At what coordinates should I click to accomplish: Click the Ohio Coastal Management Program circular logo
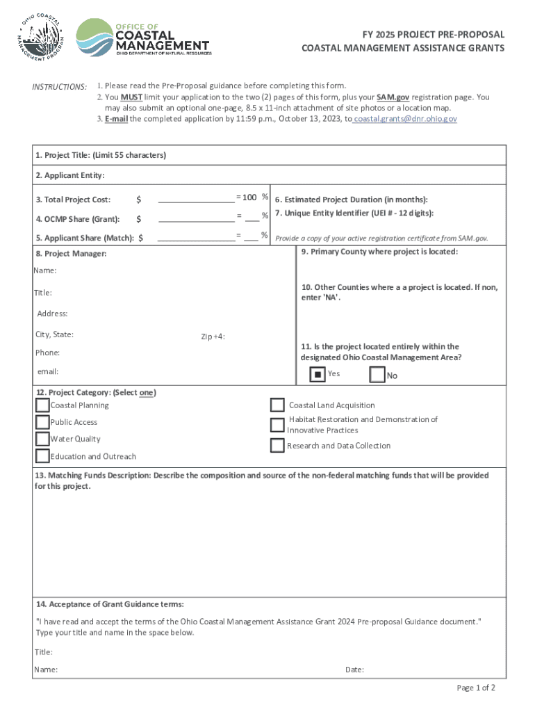click(x=42, y=37)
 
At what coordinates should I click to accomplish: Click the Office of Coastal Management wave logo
click(x=94, y=38)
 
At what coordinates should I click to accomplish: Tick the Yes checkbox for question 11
click(x=318, y=375)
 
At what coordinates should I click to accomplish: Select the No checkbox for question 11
click(x=377, y=375)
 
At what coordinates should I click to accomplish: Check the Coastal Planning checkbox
click(x=42, y=405)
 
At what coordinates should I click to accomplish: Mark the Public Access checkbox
click(x=42, y=422)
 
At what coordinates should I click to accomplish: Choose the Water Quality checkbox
click(x=42, y=439)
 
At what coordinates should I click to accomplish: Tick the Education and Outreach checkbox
click(x=42, y=456)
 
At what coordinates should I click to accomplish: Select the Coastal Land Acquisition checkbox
click(x=277, y=405)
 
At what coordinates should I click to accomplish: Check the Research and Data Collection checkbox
click(x=277, y=445)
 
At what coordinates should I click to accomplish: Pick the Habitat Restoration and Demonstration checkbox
click(x=277, y=425)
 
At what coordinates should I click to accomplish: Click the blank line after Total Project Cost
click(x=196, y=200)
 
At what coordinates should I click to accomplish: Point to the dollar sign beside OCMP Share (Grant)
click(x=139, y=219)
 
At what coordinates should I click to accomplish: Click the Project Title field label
click(x=101, y=155)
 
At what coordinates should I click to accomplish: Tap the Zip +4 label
click(x=213, y=337)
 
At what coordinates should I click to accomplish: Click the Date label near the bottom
click(x=354, y=670)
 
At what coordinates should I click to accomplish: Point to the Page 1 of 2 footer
click(x=476, y=688)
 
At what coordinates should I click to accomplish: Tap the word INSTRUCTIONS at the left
click(x=60, y=87)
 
